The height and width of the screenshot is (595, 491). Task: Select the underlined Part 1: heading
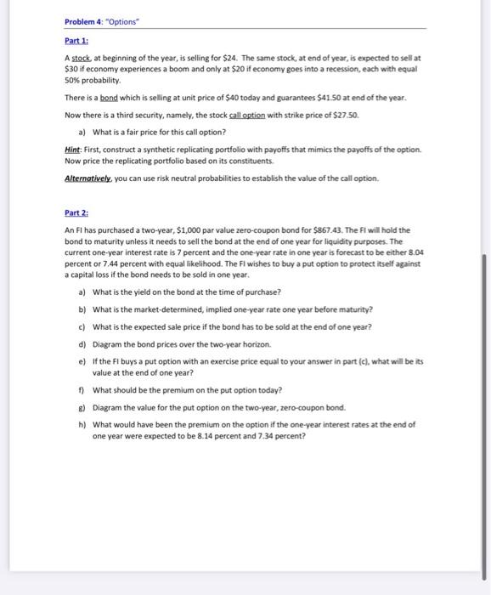[x=76, y=40]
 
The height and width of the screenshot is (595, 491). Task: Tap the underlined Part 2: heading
[x=76, y=212]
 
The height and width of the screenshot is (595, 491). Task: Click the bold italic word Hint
[x=72, y=149]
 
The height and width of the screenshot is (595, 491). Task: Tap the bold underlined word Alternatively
[x=88, y=178]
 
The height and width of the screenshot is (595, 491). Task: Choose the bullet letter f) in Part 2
[x=81, y=390]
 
